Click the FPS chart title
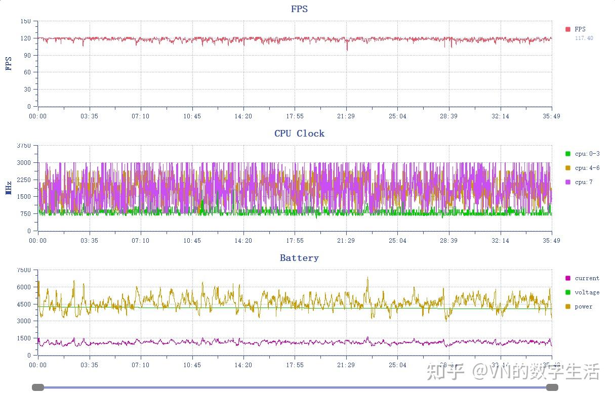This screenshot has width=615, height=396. click(x=299, y=9)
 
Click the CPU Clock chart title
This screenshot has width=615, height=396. click(x=299, y=134)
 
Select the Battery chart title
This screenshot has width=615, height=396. click(x=299, y=258)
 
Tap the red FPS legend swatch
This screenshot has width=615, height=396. click(x=568, y=29)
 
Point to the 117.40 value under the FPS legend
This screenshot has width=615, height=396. click(x=584, y=38)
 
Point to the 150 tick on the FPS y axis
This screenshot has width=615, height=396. click(x=26, y=21)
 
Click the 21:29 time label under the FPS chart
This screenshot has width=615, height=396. click(x=346, y=116)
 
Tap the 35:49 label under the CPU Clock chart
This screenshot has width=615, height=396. click(x=551, y=241)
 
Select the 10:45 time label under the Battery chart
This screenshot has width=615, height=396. click(x=192, y=365)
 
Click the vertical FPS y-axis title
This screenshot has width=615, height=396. click(x=9, y=64)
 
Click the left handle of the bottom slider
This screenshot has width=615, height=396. click(x=38, y=387)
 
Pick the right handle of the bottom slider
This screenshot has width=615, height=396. click(x=552, y=387)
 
